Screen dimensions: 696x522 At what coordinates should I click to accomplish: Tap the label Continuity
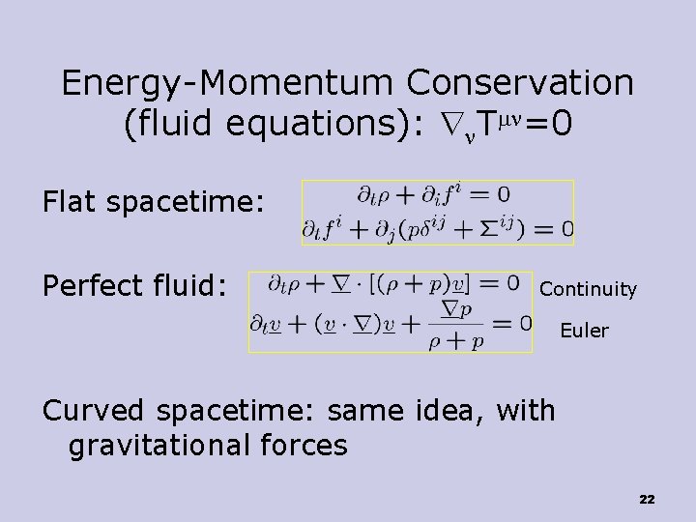pyautogui.click(x=588, y=289)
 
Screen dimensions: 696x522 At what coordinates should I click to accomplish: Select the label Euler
pyautogui.click(x=585, y=331)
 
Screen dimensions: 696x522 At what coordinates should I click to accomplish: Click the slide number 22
pyautogui.click(x=647, y=499)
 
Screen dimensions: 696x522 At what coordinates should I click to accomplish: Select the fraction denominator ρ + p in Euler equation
pyautogui.click(x=450, y=341)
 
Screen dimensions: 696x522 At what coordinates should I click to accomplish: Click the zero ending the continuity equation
pyautogui.click(x=511, y=283)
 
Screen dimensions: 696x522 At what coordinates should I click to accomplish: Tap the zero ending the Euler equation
pyautogui.click(x=525, y=322)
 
